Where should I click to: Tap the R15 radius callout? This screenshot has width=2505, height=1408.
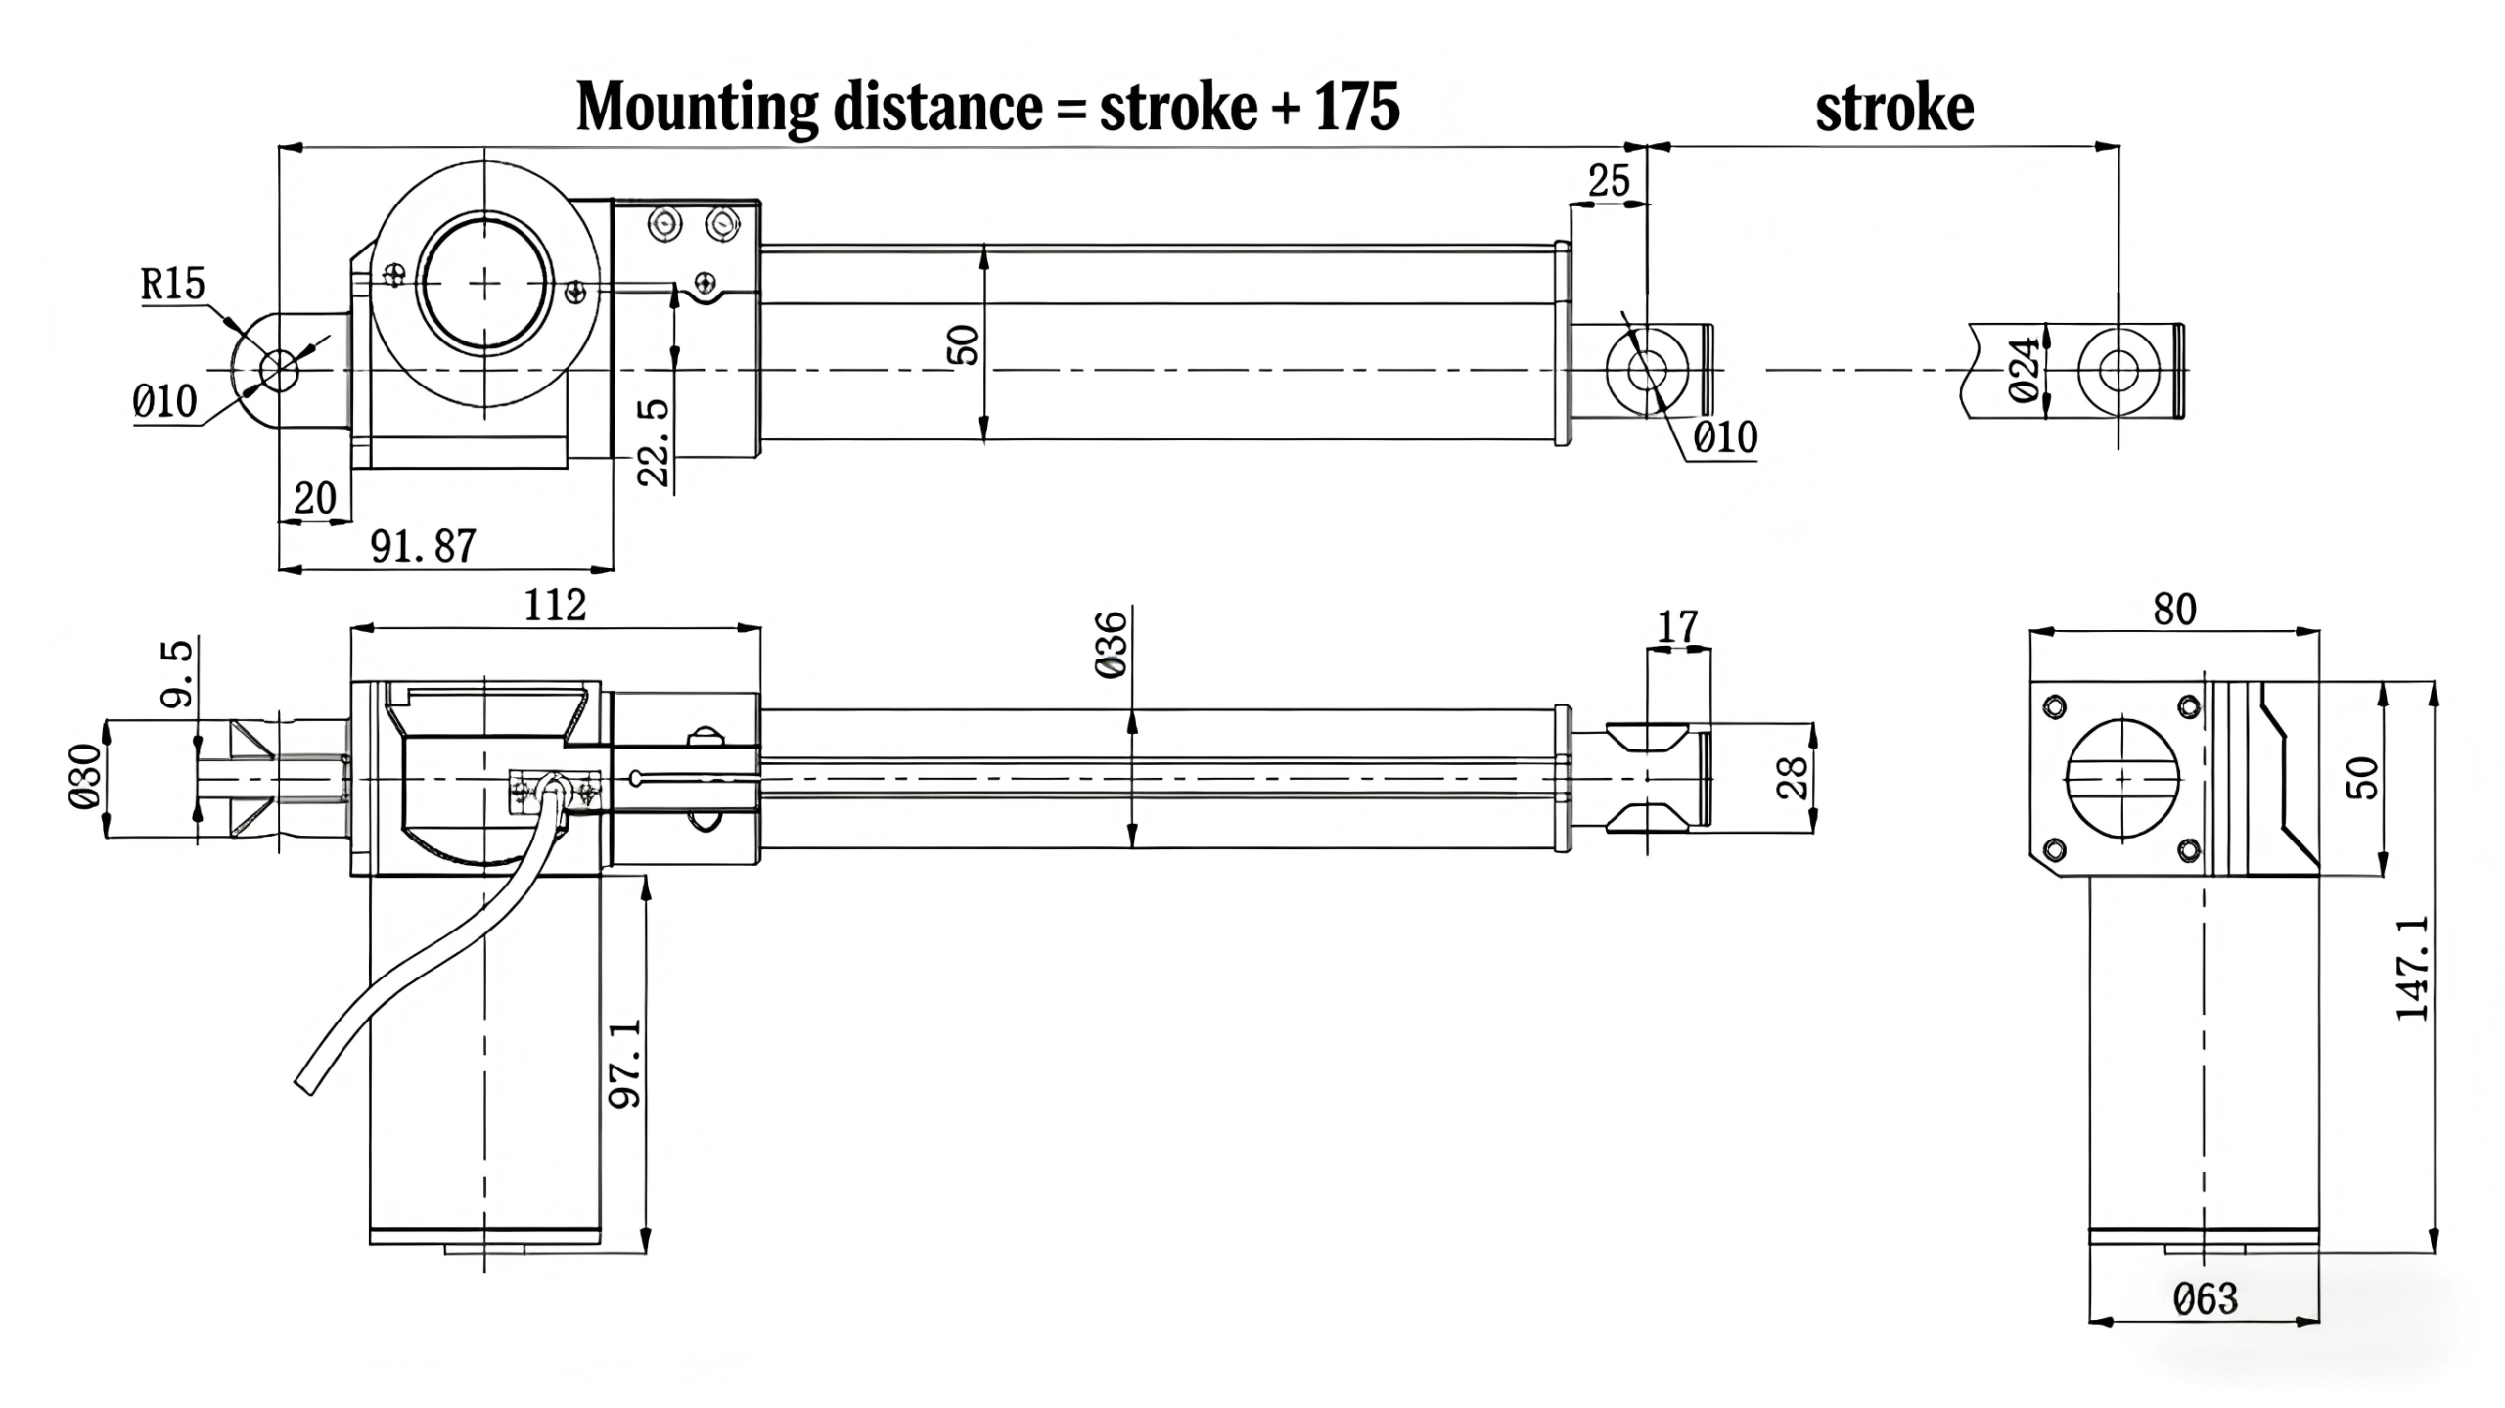click(173, 284)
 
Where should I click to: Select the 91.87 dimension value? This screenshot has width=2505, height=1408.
click(423, 546)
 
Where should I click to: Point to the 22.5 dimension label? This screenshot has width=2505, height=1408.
click(654, 442)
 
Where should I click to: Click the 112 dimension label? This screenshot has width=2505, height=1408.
click(555, 606)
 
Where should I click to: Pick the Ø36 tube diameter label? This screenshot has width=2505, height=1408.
click(1113, 644)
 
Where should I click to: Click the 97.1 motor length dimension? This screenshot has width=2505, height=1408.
click(626, 1063)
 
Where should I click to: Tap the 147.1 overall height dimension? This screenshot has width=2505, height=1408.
click(2413, 969)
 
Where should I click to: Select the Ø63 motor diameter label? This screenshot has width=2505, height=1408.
click(2206, 1299)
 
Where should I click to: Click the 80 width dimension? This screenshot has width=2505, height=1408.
click(2174, 610)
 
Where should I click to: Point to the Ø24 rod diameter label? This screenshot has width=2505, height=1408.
click(2026, 370)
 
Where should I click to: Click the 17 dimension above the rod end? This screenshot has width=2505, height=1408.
click(1678, 626)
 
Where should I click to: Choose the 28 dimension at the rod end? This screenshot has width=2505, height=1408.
click(1794, 779)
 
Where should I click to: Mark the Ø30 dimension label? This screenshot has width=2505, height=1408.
click(85, 777)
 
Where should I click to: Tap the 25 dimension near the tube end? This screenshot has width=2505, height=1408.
click(1609, 181)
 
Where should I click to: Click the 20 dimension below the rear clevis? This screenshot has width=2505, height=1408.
click(314, 498)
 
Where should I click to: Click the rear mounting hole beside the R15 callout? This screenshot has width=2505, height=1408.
click(279, 370)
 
